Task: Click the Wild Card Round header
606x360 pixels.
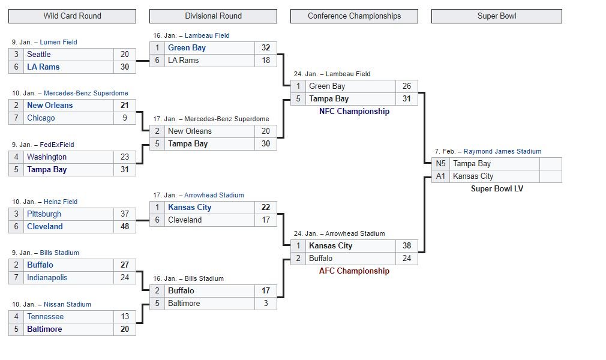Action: click(72, 16)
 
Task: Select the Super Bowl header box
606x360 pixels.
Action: click(497, 16)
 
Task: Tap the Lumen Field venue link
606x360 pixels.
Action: click(58, 42)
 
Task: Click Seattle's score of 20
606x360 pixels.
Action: click(124, 55)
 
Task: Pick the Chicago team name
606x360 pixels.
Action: click(41, 118)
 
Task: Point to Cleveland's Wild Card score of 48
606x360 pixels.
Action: click(124, 227)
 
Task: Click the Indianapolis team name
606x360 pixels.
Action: click(47, 278)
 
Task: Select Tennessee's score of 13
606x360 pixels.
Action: click(124, 317)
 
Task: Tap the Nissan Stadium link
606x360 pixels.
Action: click(67, 304)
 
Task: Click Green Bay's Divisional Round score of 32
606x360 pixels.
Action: click(266, 48)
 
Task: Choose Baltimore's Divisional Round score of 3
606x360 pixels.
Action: click(266, 304)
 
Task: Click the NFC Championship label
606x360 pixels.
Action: click(354, 112)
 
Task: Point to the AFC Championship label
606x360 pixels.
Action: click(354, 271)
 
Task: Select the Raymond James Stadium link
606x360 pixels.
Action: click(502, 152)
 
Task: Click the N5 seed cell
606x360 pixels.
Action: click(440, 164)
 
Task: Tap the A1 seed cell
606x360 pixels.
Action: click(440, 176)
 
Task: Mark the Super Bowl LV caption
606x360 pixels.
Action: click(497, 189)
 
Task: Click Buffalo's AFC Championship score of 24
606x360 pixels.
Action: click(407, 259)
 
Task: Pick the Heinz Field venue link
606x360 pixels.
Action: click(60, 202)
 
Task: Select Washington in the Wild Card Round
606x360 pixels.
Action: click(47, 157)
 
